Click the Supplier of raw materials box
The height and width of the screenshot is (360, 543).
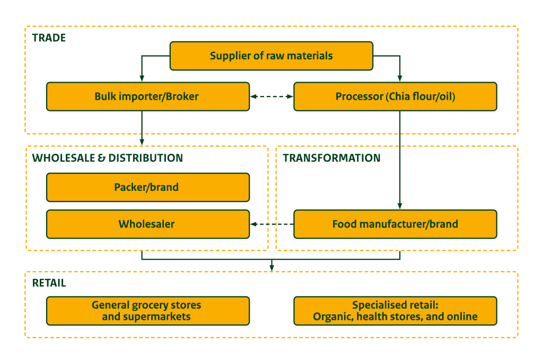(x=271, y=56)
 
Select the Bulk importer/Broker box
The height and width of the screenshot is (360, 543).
(x=147, y=96)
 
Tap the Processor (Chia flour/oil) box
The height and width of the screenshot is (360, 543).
(x=395, y=96)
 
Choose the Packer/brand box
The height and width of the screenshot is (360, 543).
(x=147, y=187)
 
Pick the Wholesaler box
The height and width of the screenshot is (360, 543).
(x=147, y=224)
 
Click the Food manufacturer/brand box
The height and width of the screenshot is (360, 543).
(x=395, y=224)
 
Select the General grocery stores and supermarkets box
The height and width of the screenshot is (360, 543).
(x=147, y=311)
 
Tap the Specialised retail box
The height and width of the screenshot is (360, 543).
(x=395, y=311)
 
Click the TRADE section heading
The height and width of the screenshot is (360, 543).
(x=49, y=38)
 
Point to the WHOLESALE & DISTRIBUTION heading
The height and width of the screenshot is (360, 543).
(x=108, y=158)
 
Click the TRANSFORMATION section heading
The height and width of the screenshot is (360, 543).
(x=331, y=158)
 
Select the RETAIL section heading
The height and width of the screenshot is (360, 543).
(x=49, y=283)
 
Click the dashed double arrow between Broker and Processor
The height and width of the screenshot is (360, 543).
(x=271, y=96)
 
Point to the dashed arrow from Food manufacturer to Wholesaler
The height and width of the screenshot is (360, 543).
(x=271, y=224)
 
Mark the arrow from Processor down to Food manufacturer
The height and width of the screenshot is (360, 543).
(x=400, y=159)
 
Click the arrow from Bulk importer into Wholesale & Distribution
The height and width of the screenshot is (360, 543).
(x=142, y=127)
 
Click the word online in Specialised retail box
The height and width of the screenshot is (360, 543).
(x=463, y=317)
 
